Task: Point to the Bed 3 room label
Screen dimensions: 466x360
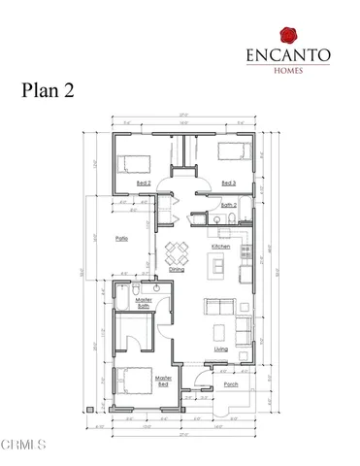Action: (229, 183)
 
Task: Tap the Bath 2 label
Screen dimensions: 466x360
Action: (229, 206)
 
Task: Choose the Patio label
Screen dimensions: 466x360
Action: (122, 238)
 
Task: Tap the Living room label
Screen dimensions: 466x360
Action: (220, 349)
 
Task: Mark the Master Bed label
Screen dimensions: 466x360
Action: (164, 379)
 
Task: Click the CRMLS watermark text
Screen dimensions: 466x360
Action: (23, 446)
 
